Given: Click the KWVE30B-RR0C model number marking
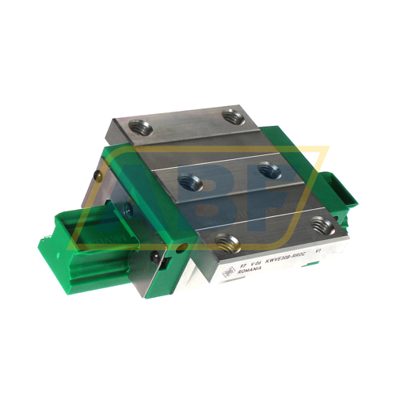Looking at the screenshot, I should click(x=269, y=258).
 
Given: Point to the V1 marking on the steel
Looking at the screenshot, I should click(x=319, y=252).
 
